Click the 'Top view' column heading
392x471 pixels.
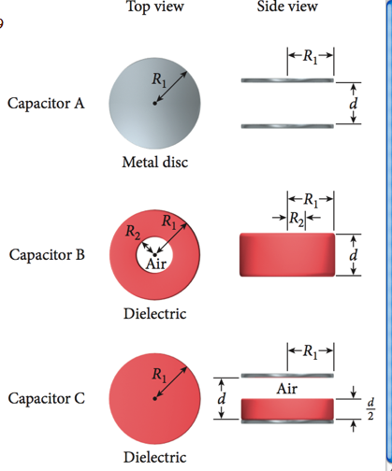pyautogui.click(x=154, y=8)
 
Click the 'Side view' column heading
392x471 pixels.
pyautogui.click(x=287, y=8)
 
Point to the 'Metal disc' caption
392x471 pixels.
pyautogui.click(x=155, y=163)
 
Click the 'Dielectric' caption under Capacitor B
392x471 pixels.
pyautogui.click(x=154, y=313)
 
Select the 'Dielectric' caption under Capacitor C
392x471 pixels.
pyautogui.click(x=154, y=457)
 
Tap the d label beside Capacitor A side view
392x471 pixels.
pyautogui.click(x=352, y=104)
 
